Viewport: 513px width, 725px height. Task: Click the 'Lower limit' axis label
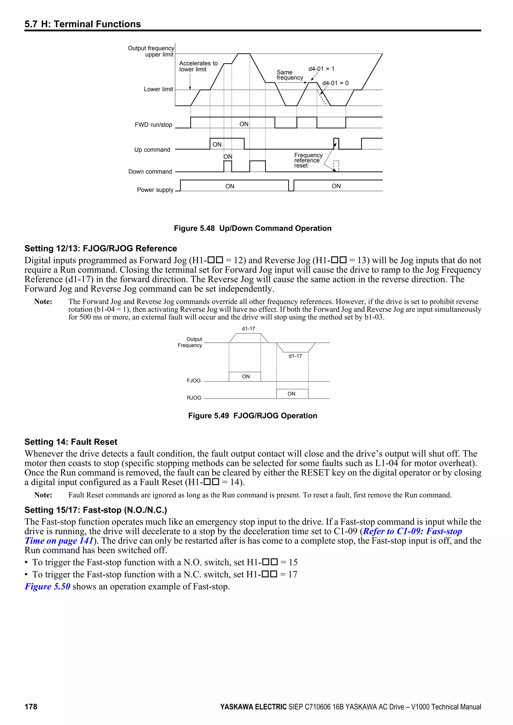click(x=158, y=89)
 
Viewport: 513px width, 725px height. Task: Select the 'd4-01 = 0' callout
click(x=335, y=83)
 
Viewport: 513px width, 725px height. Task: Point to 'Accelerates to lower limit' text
click(x=198, y=66)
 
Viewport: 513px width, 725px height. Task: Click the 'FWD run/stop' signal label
click(x=153, y=125)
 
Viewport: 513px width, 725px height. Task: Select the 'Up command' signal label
click(x=152, y=150)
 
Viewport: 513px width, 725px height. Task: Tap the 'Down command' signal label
click(x=150, y=171)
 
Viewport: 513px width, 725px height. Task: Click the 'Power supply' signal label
click(x=155, y=190)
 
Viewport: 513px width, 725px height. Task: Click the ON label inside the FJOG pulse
click(x=246, y=376)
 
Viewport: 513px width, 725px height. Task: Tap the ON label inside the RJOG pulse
click(x=291, y=394)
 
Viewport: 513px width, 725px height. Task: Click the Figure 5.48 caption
click(x=252, y=228)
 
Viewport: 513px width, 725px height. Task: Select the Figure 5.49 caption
click(x=252, y=416)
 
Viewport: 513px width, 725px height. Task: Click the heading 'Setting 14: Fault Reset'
click(x=71, y=442)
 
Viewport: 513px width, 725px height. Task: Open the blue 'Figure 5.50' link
click(x=47, y=586)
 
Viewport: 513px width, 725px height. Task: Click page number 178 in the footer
click(x=31, y=707)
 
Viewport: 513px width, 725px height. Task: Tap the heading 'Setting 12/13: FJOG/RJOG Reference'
click(x=100, y=249)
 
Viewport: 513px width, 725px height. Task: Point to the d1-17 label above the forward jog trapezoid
click(x=248, y=329)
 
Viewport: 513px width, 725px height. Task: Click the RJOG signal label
click(x=194, y=398)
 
